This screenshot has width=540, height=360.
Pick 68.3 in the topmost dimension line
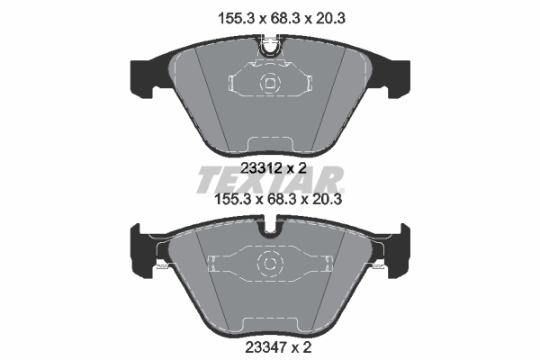click(x=269, y=14)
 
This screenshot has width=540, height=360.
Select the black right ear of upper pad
click(x=395, y=76)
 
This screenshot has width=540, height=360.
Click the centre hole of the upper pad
click(x=270, y=84)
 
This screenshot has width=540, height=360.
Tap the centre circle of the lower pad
click(x=270, y=264)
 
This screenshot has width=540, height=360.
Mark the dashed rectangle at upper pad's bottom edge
click(x=270, y=142)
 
